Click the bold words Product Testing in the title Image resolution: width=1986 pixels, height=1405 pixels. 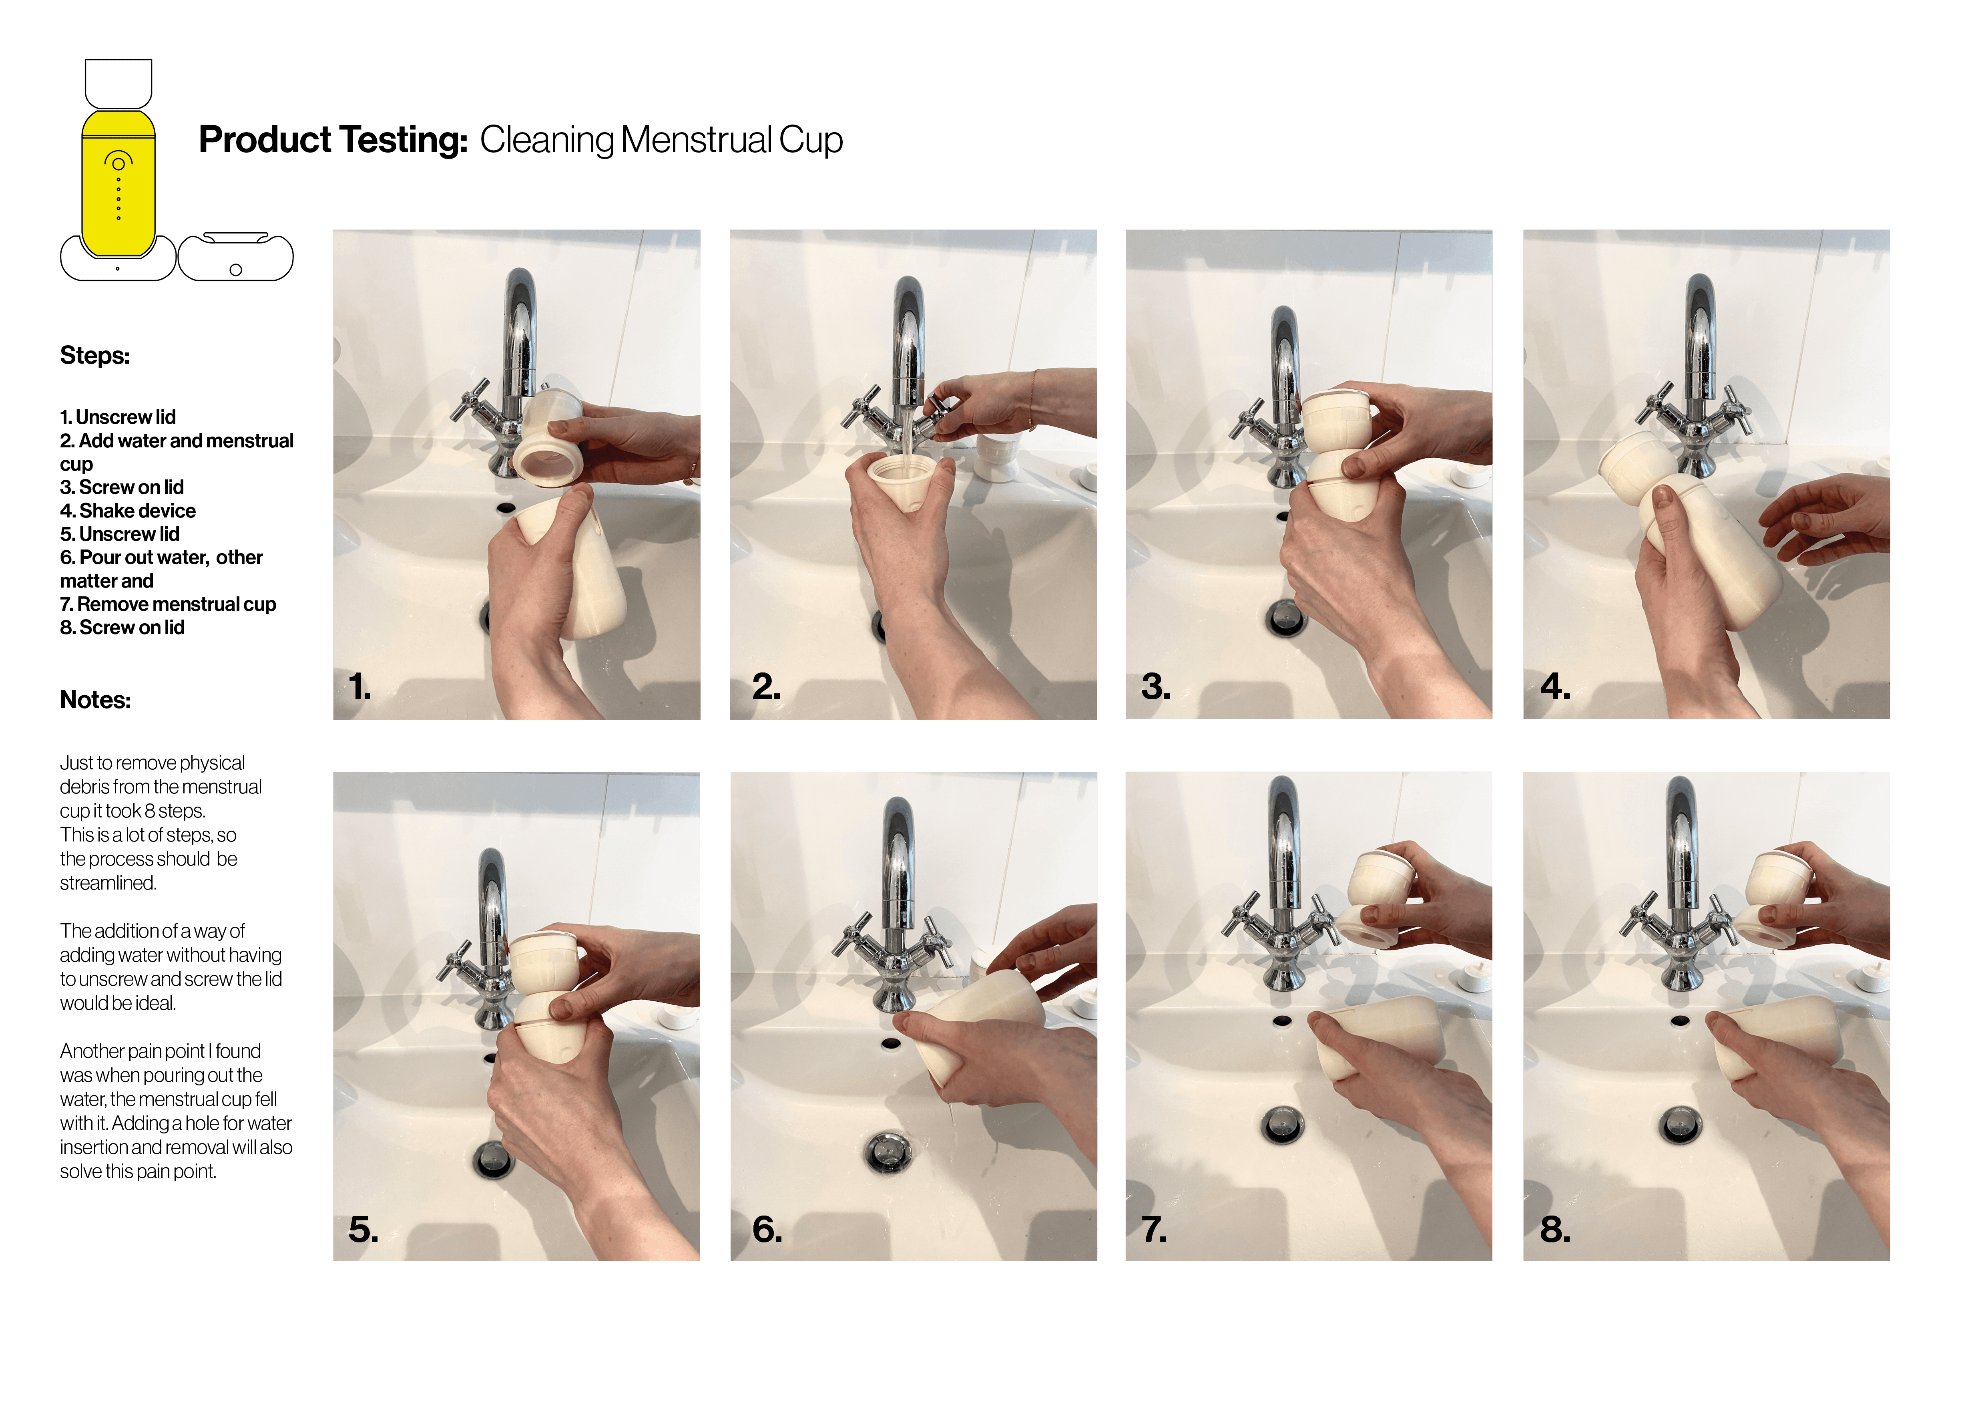coord(333,140)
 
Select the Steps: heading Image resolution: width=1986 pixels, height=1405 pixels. coord(94,356)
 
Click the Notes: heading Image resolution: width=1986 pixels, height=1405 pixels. coord(95,700)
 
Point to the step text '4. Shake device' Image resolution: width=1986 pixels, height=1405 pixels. coord(128,510)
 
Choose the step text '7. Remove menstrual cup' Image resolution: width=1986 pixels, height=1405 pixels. coord(168,604)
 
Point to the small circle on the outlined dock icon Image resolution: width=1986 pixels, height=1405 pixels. coord(235,270)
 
